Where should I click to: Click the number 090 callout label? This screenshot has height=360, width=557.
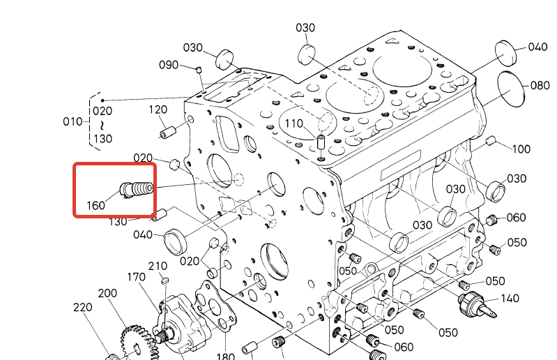[x=169, y=64]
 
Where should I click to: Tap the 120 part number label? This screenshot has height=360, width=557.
[x=158, y=110]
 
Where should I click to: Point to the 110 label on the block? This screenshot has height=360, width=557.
[x=293, y=123]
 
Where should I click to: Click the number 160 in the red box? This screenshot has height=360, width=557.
[x=97, y=206]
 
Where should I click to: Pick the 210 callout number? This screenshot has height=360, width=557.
[x=158, y=266]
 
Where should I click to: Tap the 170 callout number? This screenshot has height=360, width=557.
[x=136, y=278]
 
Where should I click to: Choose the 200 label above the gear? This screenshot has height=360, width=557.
[x=107, y=294]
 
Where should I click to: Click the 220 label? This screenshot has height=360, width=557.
[x=83, y=308]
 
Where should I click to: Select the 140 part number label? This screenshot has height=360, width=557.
[x=510, y=299]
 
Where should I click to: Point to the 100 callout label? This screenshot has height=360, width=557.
[x=521, y=149]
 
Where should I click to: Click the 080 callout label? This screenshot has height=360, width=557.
[x=540, y=86]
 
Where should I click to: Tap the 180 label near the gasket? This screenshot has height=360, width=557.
[x=225, y=357]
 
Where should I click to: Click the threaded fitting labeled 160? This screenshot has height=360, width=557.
[x=137, y=188]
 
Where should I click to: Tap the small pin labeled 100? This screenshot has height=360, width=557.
[x=490, y=142]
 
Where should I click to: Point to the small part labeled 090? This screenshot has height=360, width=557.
[x=199, y=69]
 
